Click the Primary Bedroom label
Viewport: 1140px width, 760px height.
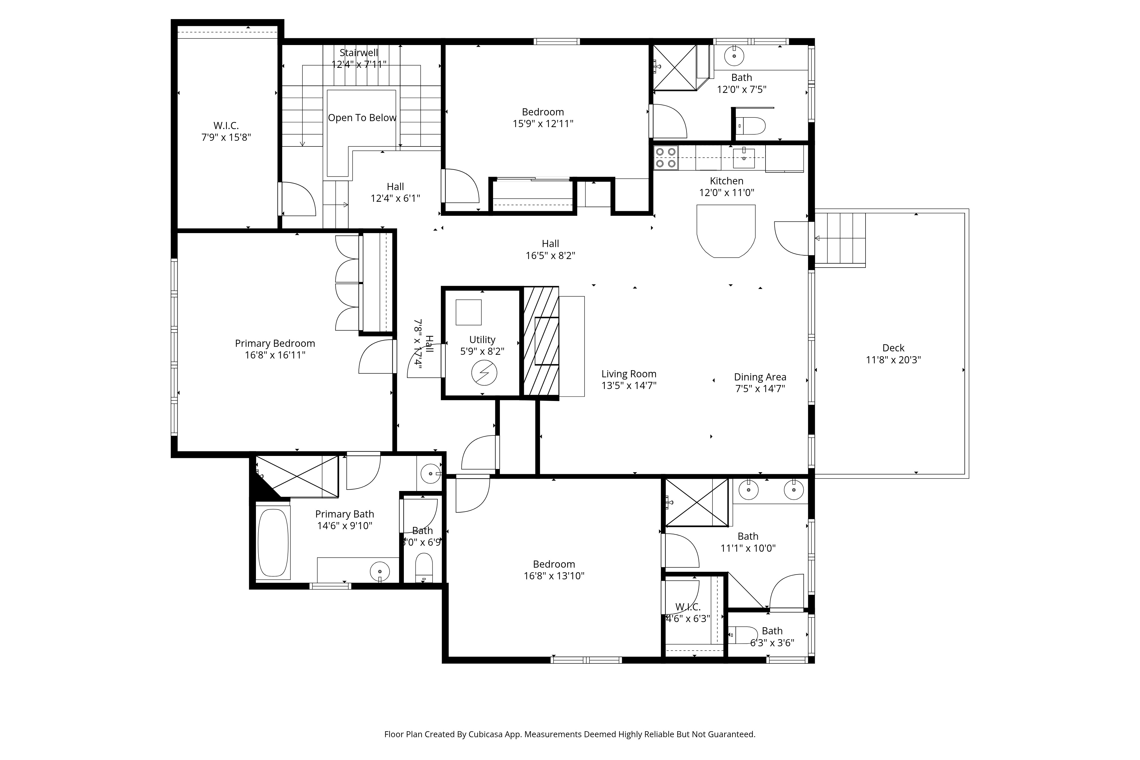275,343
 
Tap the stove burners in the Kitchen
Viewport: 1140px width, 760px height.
665,158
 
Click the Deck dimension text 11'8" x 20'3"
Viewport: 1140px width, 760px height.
893,360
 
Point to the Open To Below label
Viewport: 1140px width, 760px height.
362,118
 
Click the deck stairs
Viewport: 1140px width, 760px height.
840,239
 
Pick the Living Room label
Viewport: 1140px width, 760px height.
629,374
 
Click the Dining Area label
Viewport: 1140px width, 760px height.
760,377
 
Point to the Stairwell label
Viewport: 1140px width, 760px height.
359,52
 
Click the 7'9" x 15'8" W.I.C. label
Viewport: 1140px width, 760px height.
226,126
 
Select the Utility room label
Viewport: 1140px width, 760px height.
482,339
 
